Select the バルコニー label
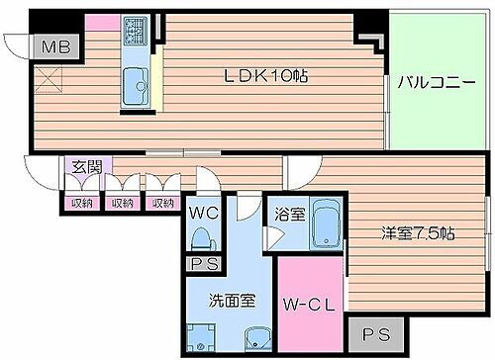431,83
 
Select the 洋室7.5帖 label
419,234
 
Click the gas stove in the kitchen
134,35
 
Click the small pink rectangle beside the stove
100,22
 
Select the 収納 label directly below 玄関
82,203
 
